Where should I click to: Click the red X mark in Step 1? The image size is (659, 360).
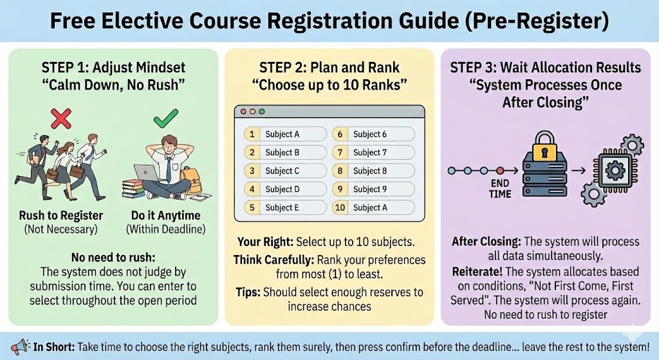click(61, 118)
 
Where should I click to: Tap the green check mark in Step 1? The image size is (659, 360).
click(165, 118)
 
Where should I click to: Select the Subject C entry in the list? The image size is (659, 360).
click(285, 171)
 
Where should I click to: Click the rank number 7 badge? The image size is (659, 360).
click(340, 152)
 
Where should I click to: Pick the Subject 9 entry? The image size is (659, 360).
click(373, 189)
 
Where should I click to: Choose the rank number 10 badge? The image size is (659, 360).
click(340, 207)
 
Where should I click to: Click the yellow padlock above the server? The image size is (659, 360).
click(544, 145)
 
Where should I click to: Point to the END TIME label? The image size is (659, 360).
click(500, 189)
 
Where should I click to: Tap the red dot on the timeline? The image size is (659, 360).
click(500, 171)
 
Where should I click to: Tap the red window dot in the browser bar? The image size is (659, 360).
click(243, 111)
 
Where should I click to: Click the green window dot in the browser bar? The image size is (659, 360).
click(262, 111)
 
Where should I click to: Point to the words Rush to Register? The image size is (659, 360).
click(61, 215)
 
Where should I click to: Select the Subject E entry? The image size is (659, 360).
click(285, 207)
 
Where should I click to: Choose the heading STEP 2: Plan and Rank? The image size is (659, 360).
click(329, 67)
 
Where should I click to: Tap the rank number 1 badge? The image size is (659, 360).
click(252, 134)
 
